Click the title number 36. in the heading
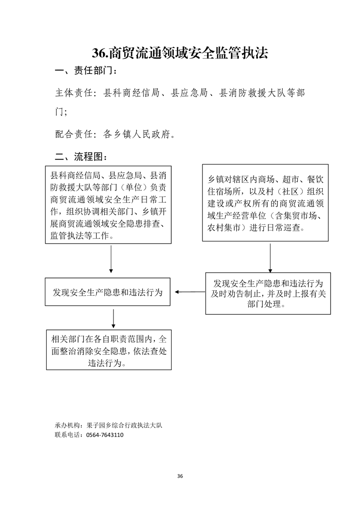(x=100, y=53)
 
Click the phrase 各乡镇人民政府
(x=137, y=134)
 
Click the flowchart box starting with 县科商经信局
(x=108, y=205)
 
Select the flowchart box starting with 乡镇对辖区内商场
(x=265, y=203)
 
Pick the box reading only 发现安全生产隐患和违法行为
(x=108, y=292)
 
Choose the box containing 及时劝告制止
(x=268, y=294)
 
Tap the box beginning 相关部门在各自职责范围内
(x=109, y=350)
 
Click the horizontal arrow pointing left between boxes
(x=190, y=292)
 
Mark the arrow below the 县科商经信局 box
(x=111, y=259)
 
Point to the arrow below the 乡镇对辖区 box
(x=270, y=258)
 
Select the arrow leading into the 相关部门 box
(x=113, y=319)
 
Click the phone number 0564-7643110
(x=104, y=435)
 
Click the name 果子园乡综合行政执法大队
(x=124, y=425)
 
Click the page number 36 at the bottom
(x=180, y=476)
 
